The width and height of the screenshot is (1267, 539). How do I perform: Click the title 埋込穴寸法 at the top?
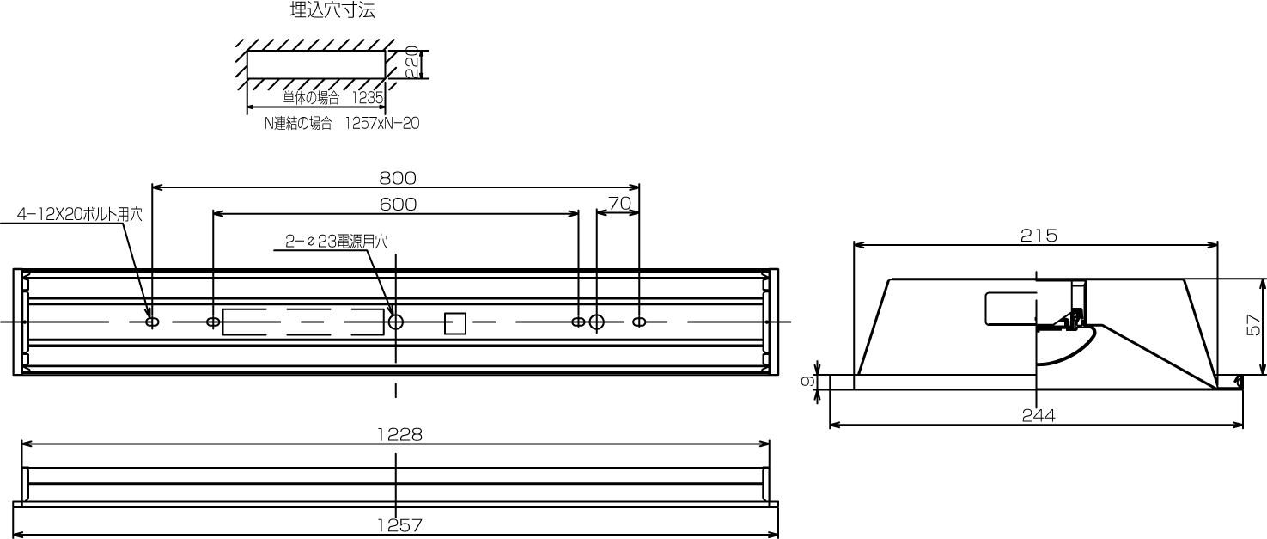click(332, 11)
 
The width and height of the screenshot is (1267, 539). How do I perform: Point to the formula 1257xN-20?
click(381, 123)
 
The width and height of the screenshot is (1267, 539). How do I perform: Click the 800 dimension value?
click(397, 178)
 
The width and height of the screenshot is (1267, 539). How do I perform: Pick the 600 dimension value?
click(397, 204)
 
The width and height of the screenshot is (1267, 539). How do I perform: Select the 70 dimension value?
click(618, 204)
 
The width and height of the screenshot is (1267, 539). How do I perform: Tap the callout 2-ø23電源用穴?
click(336, 242)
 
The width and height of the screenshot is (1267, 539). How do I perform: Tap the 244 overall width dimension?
click(1039, 415)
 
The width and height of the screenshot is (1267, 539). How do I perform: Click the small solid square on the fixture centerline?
click(454, 322)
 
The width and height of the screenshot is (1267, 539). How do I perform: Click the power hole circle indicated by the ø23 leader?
click(396, 322)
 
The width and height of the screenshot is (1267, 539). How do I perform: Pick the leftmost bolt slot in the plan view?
click(152, 322)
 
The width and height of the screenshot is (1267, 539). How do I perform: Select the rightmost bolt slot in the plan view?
click(638, 322)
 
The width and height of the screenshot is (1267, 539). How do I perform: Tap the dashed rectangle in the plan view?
click(302, 322)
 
